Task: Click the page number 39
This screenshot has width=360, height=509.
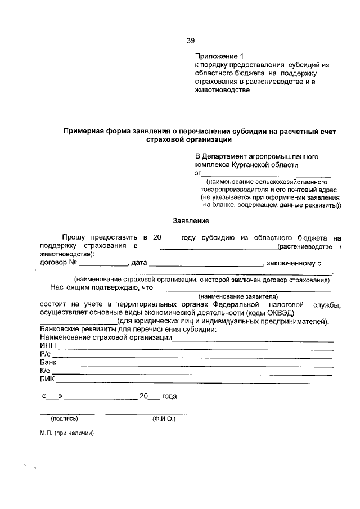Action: coord(191,40)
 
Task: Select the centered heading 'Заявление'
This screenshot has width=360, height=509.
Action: coord(191,221)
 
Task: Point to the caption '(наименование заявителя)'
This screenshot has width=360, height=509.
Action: coord(238,295)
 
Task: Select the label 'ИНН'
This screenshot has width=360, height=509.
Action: coord(48,346)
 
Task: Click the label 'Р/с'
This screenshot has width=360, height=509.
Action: coord(46,354)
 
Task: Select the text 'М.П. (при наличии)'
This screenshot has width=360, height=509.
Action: coord(66,433)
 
